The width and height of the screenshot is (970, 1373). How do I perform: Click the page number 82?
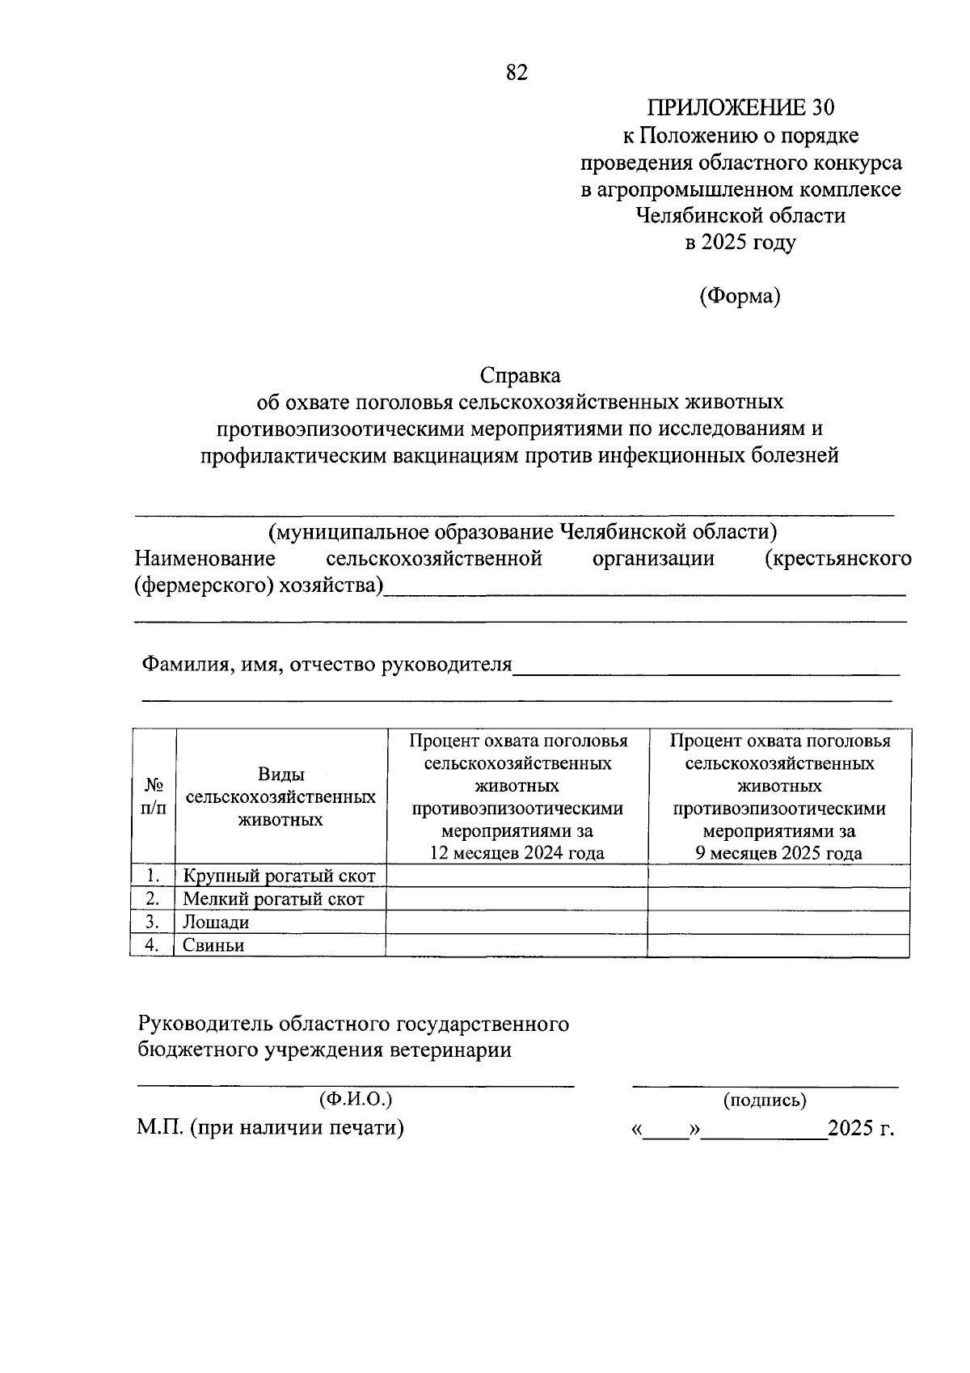[x=517, y=72]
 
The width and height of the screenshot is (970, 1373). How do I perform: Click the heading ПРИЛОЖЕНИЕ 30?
[x=740, y=108]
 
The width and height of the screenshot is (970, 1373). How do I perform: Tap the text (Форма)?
[x=740, y=297]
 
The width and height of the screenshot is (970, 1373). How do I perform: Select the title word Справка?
[x=520, y=376]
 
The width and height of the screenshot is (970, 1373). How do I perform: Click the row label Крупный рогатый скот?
[x=279, y=876]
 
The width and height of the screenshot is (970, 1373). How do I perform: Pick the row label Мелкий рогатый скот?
[x=273, y=899]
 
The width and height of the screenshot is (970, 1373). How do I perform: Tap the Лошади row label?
[x=216, y=922]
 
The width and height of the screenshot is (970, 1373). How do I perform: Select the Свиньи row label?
[x=213, y=945]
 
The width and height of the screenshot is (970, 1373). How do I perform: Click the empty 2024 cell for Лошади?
[x=517, y=922]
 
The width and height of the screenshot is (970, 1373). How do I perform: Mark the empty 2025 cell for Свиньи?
[x=779, y=945]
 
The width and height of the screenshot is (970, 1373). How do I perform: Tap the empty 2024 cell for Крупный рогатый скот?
[x=517, y=876]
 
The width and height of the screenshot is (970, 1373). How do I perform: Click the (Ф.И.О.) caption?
[x=356, y=1099]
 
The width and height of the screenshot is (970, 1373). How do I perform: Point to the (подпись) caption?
[x=765, y=1100]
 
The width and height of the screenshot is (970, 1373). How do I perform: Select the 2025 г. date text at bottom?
[x=862, y=1128]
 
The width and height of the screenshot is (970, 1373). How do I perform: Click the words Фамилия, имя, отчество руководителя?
[x=327, y=665]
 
